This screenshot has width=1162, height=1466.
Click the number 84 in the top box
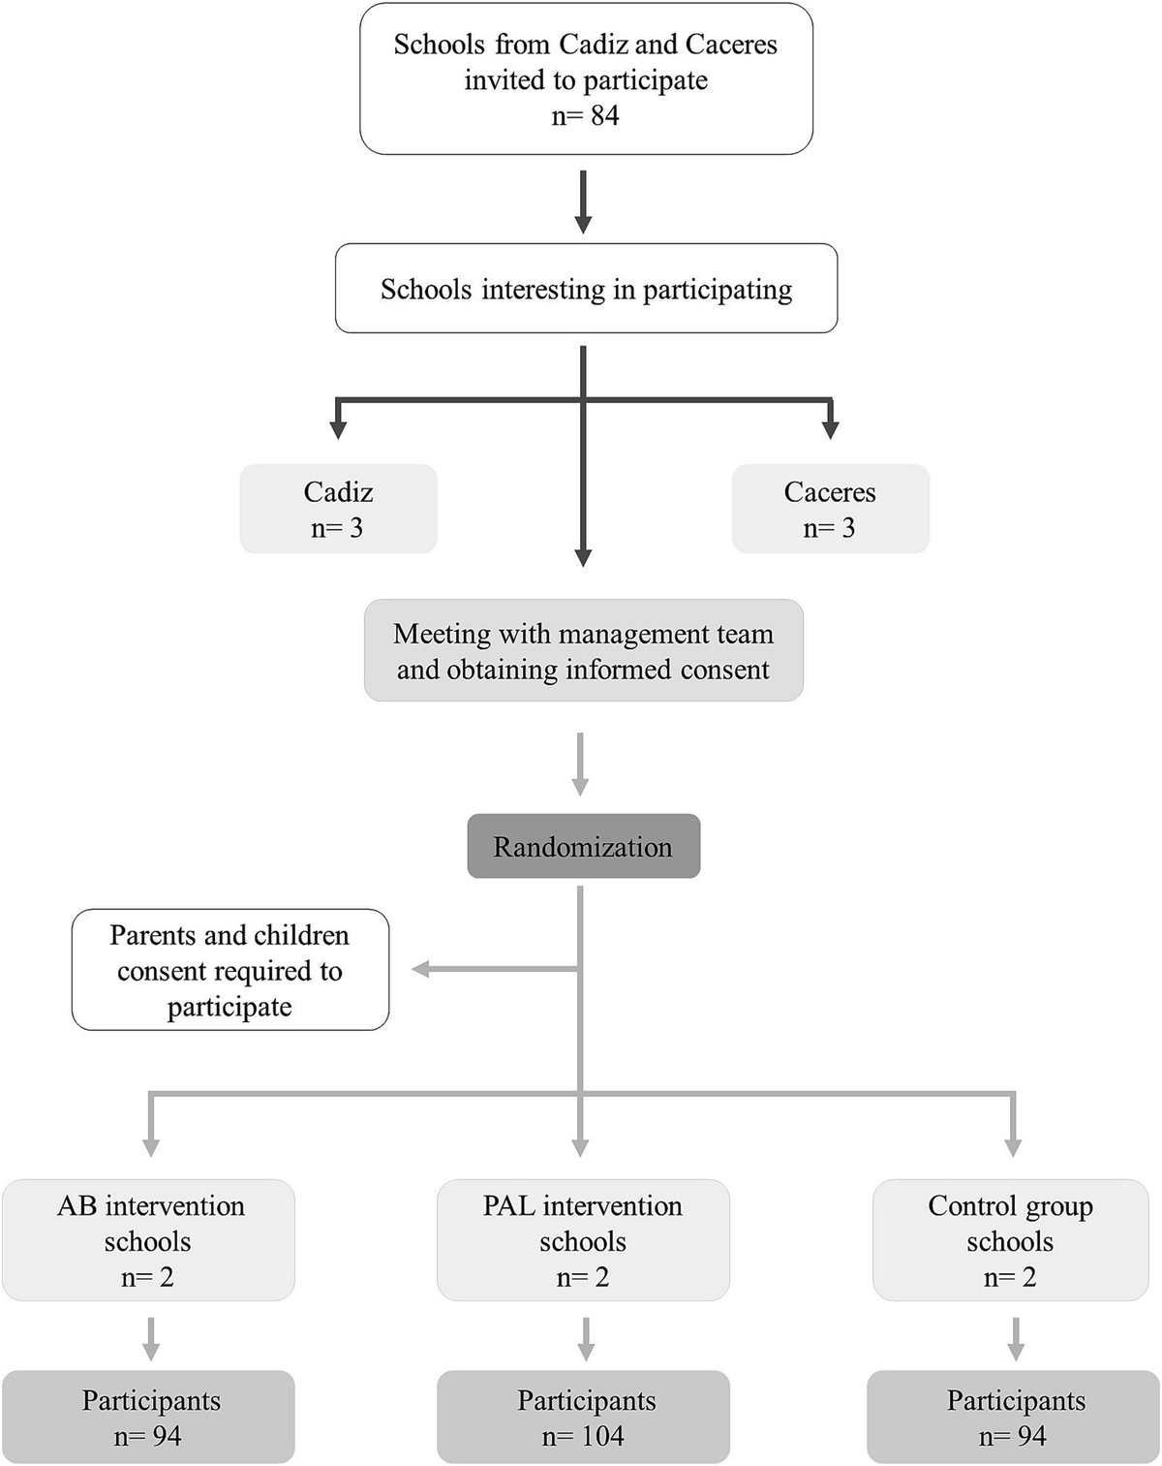point(604,116)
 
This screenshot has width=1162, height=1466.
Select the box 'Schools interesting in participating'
point(586,289)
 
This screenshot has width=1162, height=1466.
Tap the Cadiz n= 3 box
point(338,510)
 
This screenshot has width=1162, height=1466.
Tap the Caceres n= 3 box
point(830,510)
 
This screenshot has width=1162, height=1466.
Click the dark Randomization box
point(583,847)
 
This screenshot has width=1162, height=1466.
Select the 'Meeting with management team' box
point(583,651)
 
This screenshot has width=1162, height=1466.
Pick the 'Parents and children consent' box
point(229,970)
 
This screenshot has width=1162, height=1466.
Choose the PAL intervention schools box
point(583,1240)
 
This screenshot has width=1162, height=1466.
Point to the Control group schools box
point(1010,1240)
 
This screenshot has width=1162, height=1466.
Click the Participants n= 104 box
point(583,1418)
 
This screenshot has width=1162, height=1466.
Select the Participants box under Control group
point(1013,1418)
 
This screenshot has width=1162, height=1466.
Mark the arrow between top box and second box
point(583,202)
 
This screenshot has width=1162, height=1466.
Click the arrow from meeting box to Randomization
point(580,764)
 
